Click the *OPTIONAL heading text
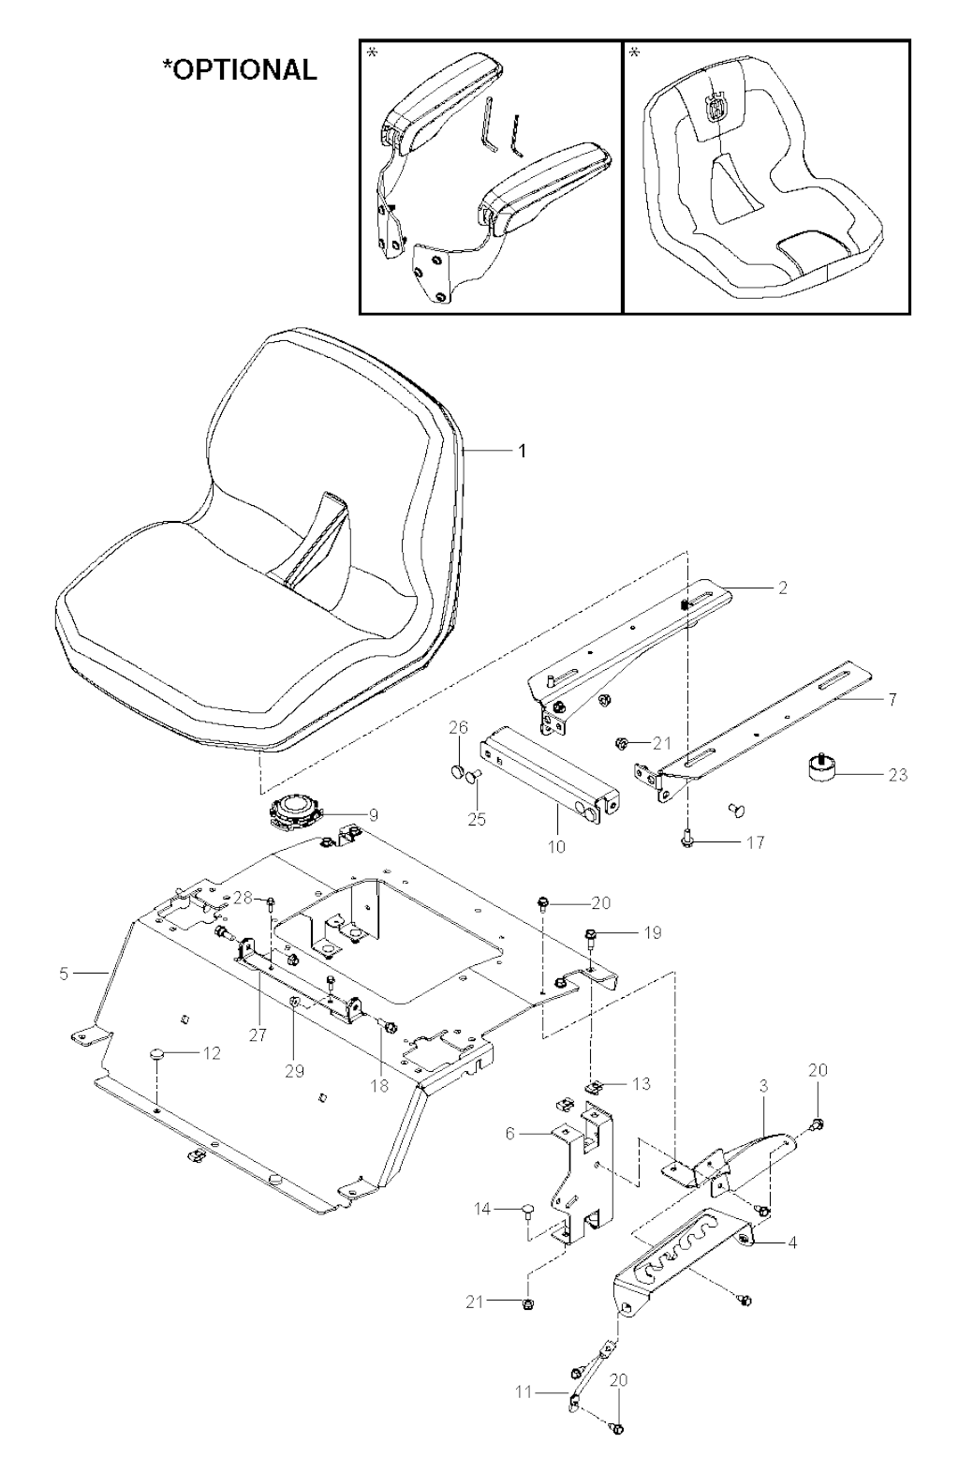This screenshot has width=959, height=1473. (240, 69)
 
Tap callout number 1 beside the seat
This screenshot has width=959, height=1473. (523, 451)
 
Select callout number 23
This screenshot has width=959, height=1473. (898, 775)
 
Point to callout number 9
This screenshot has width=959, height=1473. (374, 816)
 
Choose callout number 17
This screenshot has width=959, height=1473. (756, 842)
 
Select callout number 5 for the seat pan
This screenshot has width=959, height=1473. (64, 974)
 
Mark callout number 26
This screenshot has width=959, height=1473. (458, 727)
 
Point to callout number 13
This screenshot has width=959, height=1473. (642, 1084)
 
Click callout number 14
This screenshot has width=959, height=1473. (483, 1209)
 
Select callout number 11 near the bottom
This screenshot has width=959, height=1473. (524, 1392)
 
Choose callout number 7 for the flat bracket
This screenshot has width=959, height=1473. (892, 700)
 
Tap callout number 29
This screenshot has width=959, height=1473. (294, 1071)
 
